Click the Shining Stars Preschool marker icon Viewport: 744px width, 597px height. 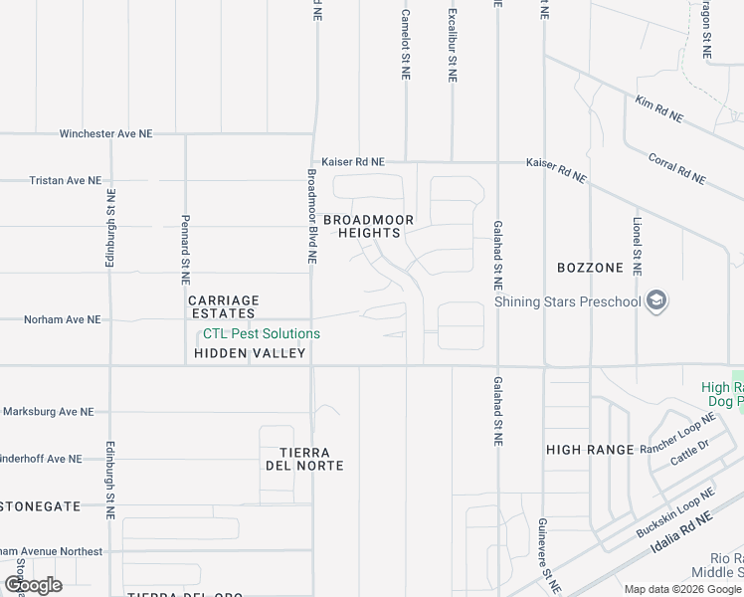pyautogui.click(x=656, y=299)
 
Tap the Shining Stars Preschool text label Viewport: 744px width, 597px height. pyautogui.click(x=568, y=302)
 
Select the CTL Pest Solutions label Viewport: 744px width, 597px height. pyautogui.click(x=262, y=334)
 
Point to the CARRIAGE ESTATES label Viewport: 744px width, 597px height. pyautogui.click(x=224, y=306)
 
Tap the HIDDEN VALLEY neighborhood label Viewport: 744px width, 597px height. pyautogui.click(x=250, y=353)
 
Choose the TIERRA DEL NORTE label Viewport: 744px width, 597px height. pyautogui.click(x=304, y=458)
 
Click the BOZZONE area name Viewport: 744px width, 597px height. pyautogui.click(x=590, y=268)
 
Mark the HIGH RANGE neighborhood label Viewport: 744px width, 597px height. pyautogui.click(x=590, y=450)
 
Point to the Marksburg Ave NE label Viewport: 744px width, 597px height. pyautogui.click(x=48, y=411)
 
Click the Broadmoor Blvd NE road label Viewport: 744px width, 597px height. pyautogui.click(x=311, y=215)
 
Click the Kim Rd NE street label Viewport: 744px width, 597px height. pyautogui.click(x=659, y=108)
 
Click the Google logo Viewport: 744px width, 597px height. pyautogui.click(x=33, y=585)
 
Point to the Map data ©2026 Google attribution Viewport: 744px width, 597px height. pyautogui.click(x=682, y=589)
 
